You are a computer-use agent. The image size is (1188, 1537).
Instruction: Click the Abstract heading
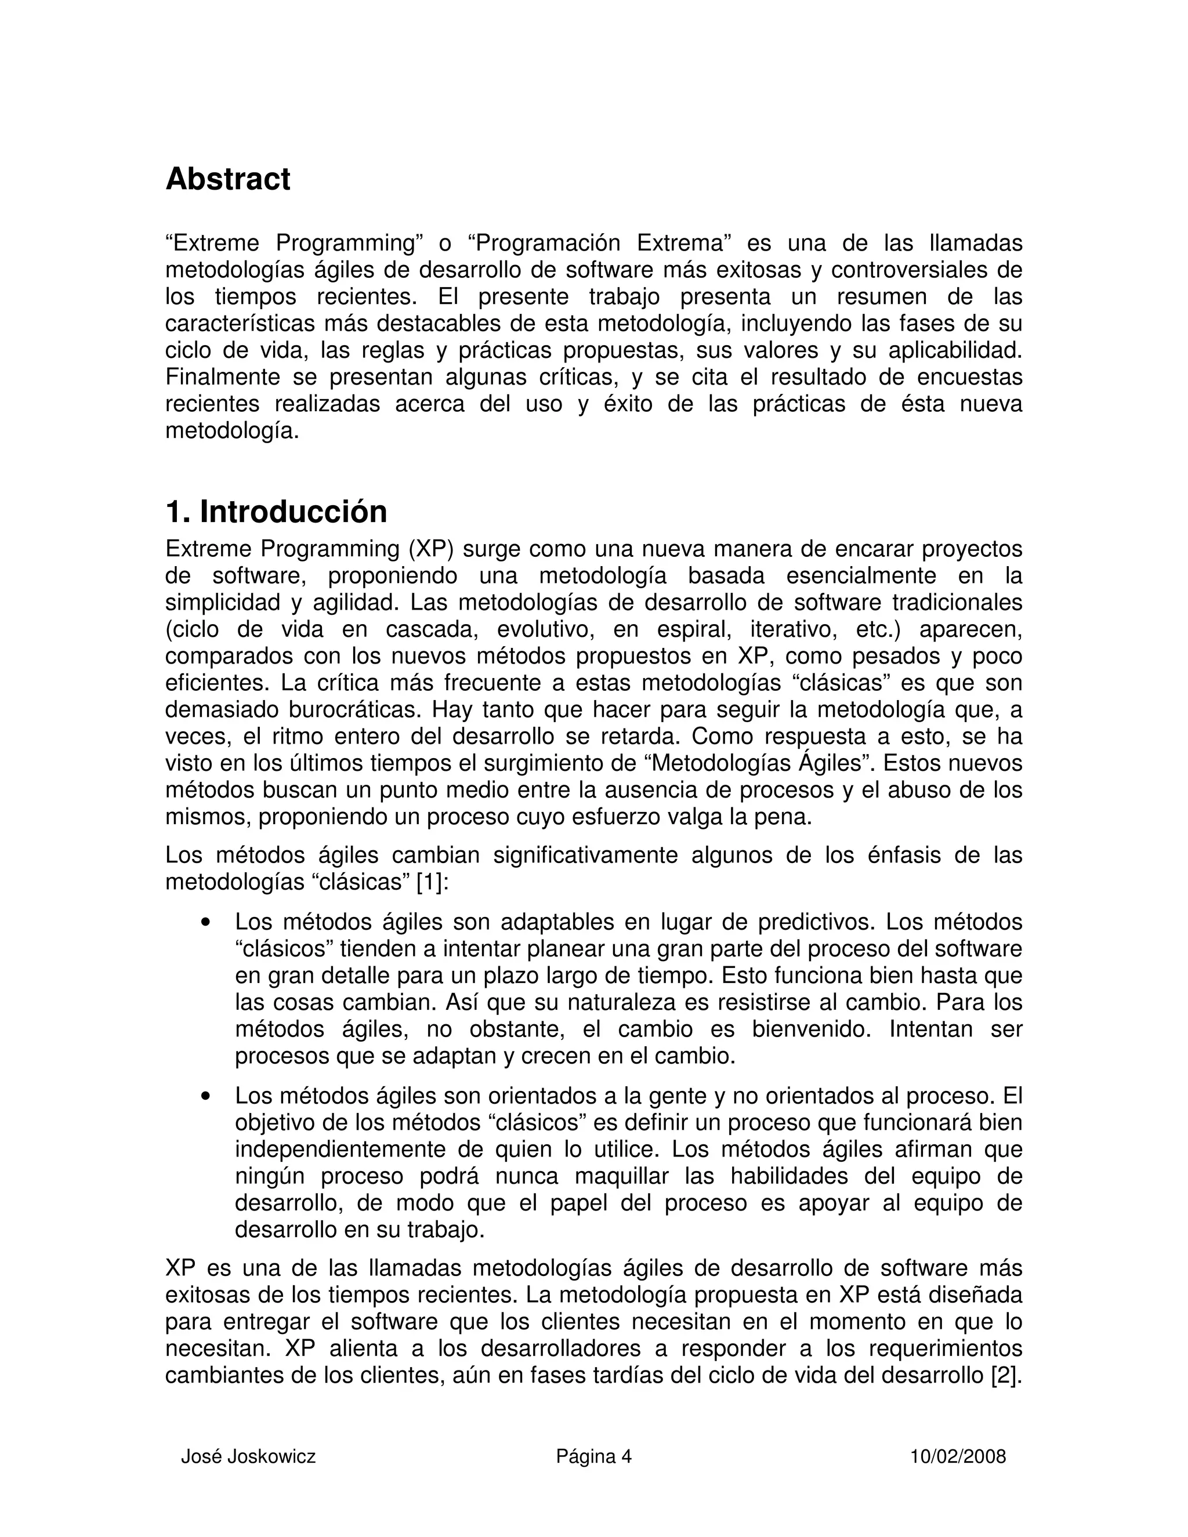point(227,179)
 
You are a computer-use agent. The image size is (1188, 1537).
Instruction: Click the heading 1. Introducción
point(276,512)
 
